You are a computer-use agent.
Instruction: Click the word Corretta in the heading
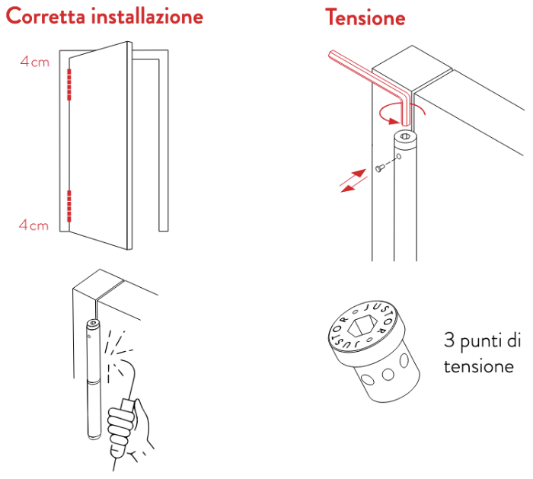pyautogui.click(x=46, y=16)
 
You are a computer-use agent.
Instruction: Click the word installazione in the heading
pyautogui.click(x=147, y=16)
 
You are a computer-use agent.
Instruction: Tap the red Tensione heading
pyautogui.click(x=365, y=17)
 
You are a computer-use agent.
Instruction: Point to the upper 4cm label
pyautogui.click(x=35, y=62)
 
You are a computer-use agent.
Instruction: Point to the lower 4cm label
pyautogui.click(x=34, y=225)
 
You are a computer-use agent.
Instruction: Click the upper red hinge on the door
pyautogui.click(x=69, y=85)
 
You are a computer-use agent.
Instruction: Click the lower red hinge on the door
pyautogui.click(x=69, y=206)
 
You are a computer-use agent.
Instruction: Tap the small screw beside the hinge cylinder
pyautogui.click(x=379, y=168)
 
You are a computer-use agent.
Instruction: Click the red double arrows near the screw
pyautogui.click(x=353, y=180)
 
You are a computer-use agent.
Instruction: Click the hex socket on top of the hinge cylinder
pyautogui.click(x=405, y=136)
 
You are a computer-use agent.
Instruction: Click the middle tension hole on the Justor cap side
pyautogui.click(x=388, y=375)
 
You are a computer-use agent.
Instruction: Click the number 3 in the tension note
pyautogui.click(x=449, y=340)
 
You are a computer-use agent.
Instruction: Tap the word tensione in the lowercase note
pyautogui.click(x=479, y=366)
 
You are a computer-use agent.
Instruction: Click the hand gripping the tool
pyautogui.click(x=127, y=428)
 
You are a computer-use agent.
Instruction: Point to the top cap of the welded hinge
pyautogui.click(x=93, y=323)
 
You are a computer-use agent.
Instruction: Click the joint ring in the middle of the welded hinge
pyautogui.click(x=94, y=382)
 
